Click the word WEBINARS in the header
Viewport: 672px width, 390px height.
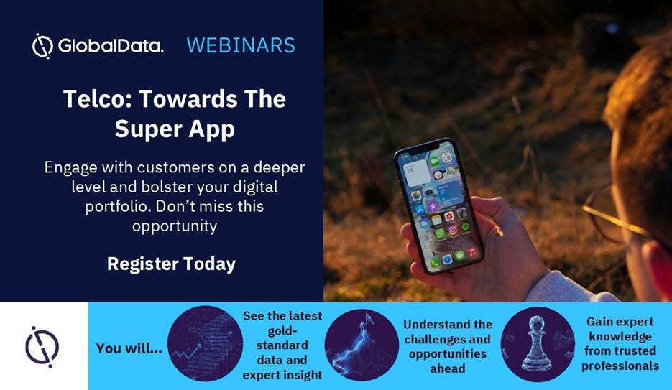[x=241, y=45]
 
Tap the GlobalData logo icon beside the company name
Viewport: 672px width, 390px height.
[x=42, y=46]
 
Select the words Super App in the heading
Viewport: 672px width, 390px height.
[x=175, y=130]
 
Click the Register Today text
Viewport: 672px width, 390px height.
[x=172, y=264]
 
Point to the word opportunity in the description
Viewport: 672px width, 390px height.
[x=175, y=226]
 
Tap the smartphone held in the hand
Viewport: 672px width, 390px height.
[x=439, y=205]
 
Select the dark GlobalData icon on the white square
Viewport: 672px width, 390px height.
[x=42, y=347]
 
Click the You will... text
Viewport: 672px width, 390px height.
[x=129, y=348]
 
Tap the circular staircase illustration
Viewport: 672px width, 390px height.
[x=206, y=343]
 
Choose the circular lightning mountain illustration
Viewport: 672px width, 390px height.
[x=362, y=345]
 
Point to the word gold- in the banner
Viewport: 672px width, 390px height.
[x=282, y=331]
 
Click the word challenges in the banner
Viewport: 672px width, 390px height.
[x=447, y=340]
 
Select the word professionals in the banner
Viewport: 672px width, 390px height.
[x=620, y=366]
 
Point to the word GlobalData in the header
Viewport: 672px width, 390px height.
[x=111, y=46]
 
